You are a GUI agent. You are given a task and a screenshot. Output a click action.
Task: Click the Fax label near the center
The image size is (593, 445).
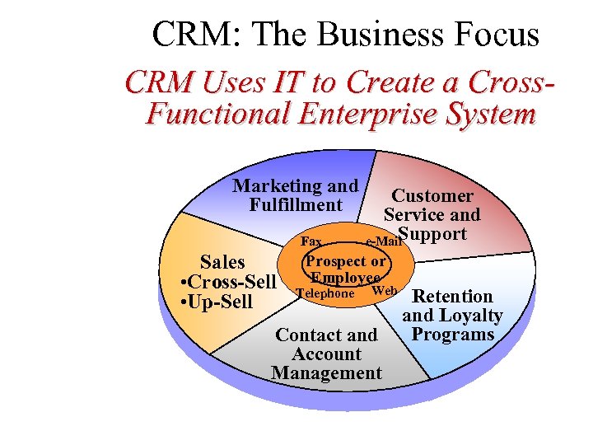(312, 241)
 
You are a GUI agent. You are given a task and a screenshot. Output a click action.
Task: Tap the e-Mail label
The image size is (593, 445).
(382, 242)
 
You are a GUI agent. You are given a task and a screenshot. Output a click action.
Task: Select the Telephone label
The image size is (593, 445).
(325, 293)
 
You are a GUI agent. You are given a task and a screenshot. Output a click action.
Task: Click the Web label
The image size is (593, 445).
(385, 291)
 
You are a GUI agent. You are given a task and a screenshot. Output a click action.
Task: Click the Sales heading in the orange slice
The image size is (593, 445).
(222, 263)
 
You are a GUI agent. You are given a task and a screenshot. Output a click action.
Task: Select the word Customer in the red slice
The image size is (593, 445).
(432, 196)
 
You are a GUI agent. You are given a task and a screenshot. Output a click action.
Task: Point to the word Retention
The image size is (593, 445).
(452, 297)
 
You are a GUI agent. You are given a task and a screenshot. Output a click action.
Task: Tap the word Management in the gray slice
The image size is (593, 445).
(326, 373)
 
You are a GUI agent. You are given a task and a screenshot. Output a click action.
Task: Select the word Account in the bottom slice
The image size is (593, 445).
(326, 354)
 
